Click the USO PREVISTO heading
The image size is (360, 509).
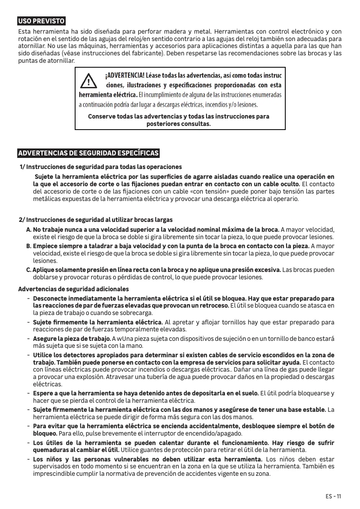pos(41,21)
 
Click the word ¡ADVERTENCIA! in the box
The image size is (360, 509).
pos(125,76)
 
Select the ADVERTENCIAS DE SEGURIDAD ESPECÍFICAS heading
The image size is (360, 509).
pos(89,153)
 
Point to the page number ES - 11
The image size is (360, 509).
pos(333,496)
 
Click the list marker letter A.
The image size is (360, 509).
pos(29,229)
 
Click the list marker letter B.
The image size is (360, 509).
pos(29,246)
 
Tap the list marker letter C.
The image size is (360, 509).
pos(28,270)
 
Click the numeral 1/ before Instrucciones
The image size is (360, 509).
pos(23,167)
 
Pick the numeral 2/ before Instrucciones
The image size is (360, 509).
pos(22,220)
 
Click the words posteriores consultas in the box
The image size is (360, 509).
pos(179,124)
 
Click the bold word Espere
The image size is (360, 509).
pos(43,393)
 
